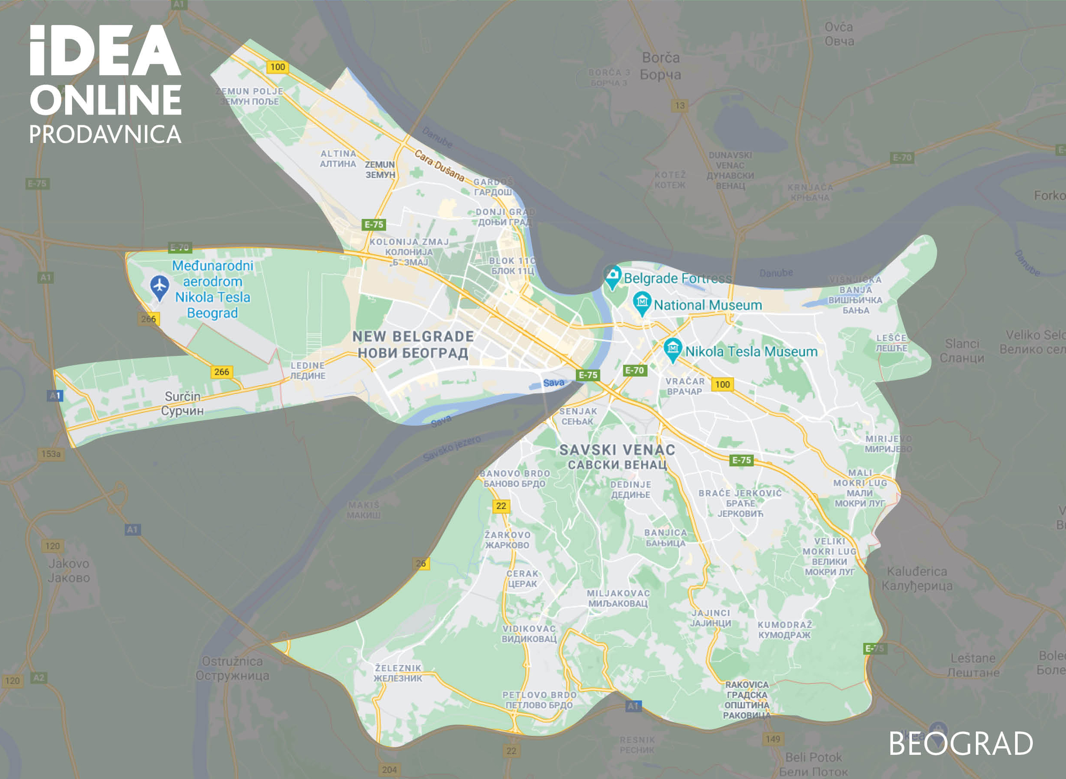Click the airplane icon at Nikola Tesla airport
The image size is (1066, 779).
(x=160, y=286)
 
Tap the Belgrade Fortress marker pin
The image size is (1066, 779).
(x=612, y=275)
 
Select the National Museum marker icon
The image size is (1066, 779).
(x=642, y=302)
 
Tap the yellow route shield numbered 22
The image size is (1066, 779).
(x=501, y=506)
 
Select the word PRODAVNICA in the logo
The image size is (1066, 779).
(x=105, y=134)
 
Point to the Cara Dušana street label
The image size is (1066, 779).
(x=439, y=165)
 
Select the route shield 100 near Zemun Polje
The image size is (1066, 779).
(x=277, y=67)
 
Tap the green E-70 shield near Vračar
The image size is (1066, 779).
(x=634, y=370)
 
